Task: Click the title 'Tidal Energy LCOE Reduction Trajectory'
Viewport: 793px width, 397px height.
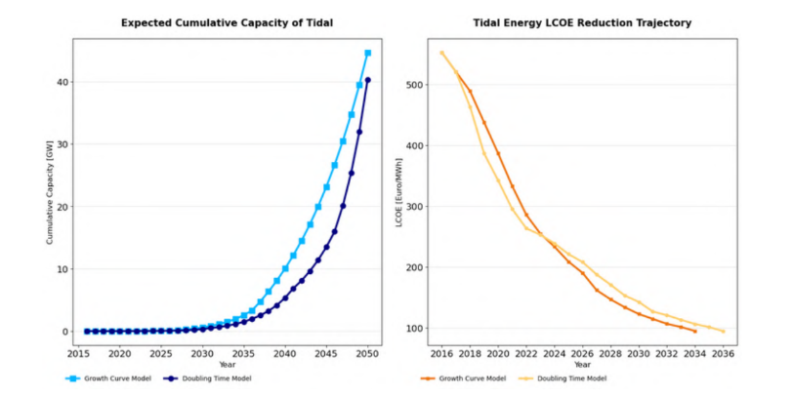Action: click(582, 22)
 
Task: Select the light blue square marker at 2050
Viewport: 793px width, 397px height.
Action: click(367, 53)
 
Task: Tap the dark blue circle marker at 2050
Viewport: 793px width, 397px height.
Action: click(367, 80)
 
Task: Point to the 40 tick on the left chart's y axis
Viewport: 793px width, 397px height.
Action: click(62, 82)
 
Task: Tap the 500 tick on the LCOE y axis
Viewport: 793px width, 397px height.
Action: click(417, 85)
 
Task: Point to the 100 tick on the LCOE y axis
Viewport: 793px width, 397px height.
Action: click(417, 329)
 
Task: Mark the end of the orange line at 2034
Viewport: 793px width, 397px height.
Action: click(695, 332)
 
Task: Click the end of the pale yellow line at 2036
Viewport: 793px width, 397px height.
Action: click(724, 332)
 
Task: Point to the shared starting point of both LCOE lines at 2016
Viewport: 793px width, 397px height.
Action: click(441, 53)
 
